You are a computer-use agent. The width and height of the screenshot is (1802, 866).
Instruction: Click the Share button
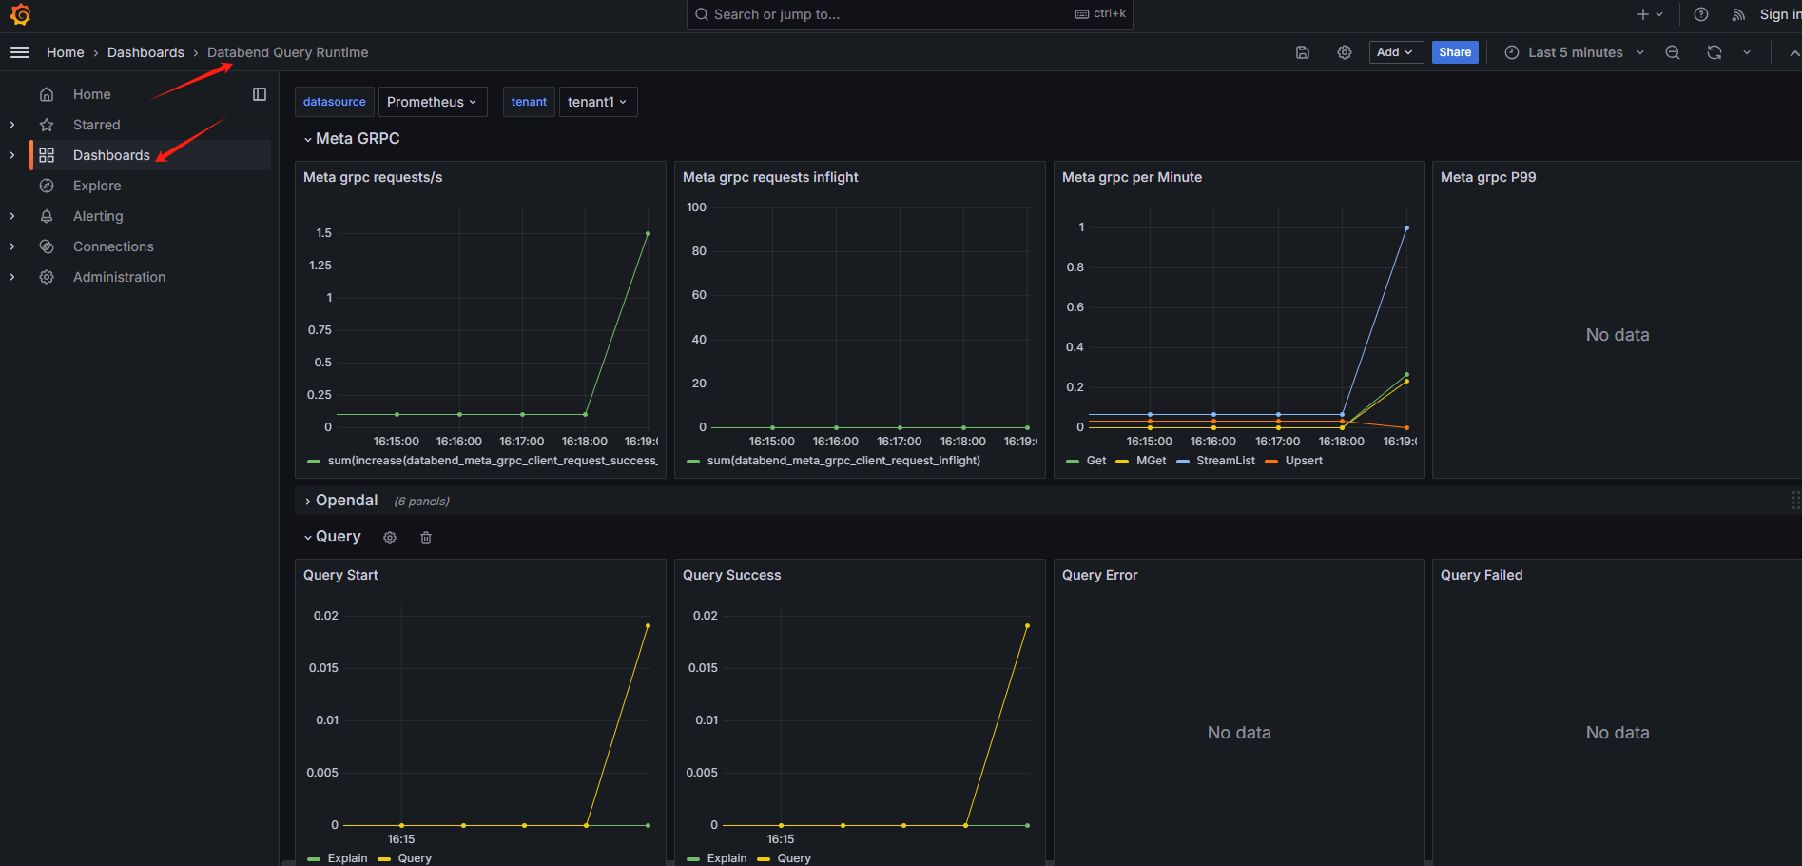pyautogui.click(x=1454, y=52)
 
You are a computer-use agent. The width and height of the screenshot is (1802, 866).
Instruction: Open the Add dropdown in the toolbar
pyautogui.click(x=1394, y=52)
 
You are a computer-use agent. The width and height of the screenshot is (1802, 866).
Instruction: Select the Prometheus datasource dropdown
pyautogui.click(x=432, y=102)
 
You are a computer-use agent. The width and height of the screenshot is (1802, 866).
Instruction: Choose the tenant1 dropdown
pyautogui.click(x=597, y=102)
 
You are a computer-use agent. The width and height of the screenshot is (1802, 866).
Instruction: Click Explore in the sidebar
pyautogui.click(x=97, y=186)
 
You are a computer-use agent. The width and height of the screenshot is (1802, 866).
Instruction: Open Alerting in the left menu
pyautogui.click(x=98, y=216)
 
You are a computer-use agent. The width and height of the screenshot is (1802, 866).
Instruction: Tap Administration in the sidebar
pyautogui.click(x=119, y=277)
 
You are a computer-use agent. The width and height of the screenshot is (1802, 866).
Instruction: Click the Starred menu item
pyautogui.click(x=97, y=125)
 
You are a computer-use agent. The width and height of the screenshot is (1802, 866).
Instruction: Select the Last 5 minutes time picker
pyautogui.click(x=1575, y=52)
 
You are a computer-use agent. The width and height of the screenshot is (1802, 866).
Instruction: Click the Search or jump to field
pyautogui.click(x=884, y=14)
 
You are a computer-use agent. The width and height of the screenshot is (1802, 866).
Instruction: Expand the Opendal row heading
pyautogui.click(x=346, y=501)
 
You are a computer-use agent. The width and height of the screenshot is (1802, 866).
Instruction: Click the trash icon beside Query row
pyautogui.click(x=426, y=538)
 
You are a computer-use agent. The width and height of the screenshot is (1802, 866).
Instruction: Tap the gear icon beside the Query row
pyautogui.click(x=390, y=538)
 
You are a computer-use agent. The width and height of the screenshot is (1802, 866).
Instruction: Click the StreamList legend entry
pyautogui.click(x=1225, y=461)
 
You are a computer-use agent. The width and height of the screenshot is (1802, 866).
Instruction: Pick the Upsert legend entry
pyautogui.click(x=1303, y=461)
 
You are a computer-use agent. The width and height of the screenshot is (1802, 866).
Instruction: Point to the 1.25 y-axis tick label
pyautogui.click(x=320, y=266)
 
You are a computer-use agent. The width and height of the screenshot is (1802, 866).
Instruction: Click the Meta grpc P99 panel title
pyautogui.click(x=1488, y=177)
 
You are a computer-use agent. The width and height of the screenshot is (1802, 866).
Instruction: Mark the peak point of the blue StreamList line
pyautogui.click(x=1406, y=228)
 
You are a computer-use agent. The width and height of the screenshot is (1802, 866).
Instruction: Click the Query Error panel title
pyautogui.click(x=1099, y=575)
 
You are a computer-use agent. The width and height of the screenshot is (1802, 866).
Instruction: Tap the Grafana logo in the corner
pyautogui.click(x=20, y=14)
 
